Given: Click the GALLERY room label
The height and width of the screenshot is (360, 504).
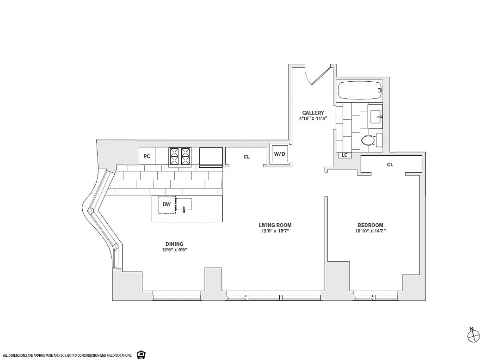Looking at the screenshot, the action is pos(313,113).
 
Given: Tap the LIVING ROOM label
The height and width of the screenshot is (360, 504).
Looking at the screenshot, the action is pos(275,225).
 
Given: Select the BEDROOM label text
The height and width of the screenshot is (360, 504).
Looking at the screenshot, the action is pos(370,225).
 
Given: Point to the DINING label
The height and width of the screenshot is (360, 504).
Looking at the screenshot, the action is pos(174,244).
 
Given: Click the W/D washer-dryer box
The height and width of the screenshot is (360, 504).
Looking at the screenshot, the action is pos(280,154).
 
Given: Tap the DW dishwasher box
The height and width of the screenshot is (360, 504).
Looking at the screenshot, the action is pos(167,204).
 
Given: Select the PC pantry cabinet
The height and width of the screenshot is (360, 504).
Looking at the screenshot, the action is pos(147,156).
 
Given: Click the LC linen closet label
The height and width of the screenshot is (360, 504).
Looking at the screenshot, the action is pos(344,155).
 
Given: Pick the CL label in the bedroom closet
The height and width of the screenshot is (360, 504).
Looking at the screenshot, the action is pos(390,165).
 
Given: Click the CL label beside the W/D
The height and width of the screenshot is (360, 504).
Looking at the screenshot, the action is pos(246,157).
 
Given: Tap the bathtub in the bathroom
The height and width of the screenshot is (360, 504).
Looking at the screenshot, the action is pos(359,90).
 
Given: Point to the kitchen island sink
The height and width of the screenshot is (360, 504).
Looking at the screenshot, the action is pos(184,205).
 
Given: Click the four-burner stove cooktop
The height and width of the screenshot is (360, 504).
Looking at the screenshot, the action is pos(180,157).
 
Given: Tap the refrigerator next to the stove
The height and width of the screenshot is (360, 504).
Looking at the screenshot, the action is pos(210,156).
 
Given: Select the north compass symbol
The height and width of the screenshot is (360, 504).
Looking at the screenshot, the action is pos(473,336).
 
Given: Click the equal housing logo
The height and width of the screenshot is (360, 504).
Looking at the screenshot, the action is pos(141,354).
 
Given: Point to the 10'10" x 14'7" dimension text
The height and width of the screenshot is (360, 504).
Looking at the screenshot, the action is pos(370,231).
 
